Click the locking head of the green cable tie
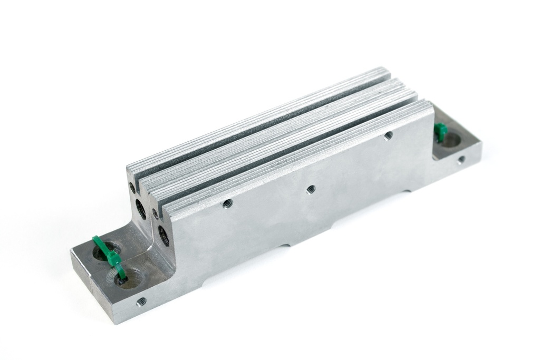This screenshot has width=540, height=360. (112, 258)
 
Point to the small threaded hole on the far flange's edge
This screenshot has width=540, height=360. (461, 159)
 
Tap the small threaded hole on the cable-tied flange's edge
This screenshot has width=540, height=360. (141, 302)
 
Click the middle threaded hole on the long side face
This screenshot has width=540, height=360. (311, 188)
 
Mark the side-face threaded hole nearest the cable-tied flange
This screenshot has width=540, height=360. (228, 203)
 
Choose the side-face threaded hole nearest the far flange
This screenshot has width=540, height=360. (388, 135)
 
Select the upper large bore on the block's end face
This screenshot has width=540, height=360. (141, 209)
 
